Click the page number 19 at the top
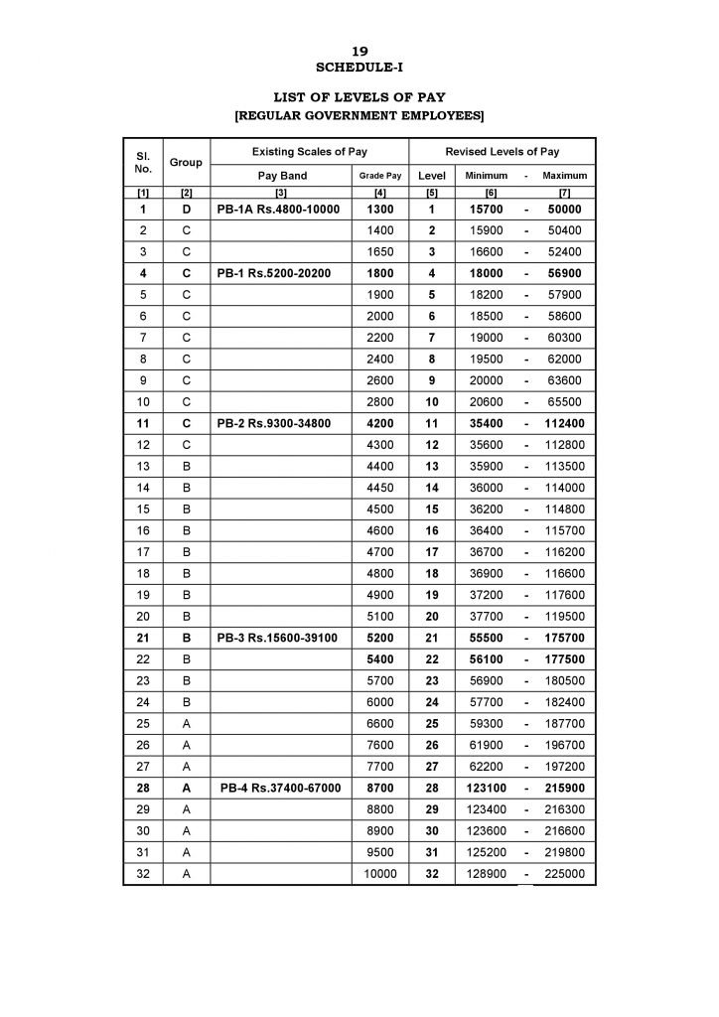point(359,50)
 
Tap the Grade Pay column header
point(380,175)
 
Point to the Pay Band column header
point(282,175)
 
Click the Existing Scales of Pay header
point(310,151)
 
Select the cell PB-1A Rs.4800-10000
point(278,210)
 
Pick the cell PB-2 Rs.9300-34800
point(274,423)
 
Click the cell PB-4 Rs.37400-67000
point(281,788)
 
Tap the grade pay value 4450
point(380,488)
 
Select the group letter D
point(186,210)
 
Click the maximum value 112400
point(564,423)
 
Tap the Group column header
point(186,162)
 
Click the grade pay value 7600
point(380,745)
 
